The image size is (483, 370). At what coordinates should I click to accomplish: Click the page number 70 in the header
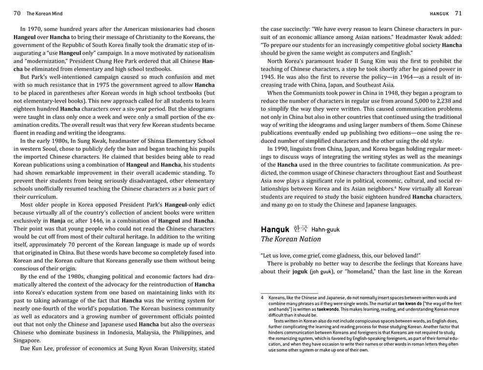(17, 13)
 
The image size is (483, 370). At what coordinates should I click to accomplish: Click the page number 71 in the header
(458, 13)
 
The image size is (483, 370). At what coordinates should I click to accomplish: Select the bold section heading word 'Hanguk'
(275, 229)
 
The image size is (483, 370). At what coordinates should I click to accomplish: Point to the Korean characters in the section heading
(300, 228)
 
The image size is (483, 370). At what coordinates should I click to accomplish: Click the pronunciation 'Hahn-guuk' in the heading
(326, 229)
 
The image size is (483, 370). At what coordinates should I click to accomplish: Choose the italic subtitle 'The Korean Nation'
(291, 239)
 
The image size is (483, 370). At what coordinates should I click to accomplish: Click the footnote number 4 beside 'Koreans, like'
(262, 298)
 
